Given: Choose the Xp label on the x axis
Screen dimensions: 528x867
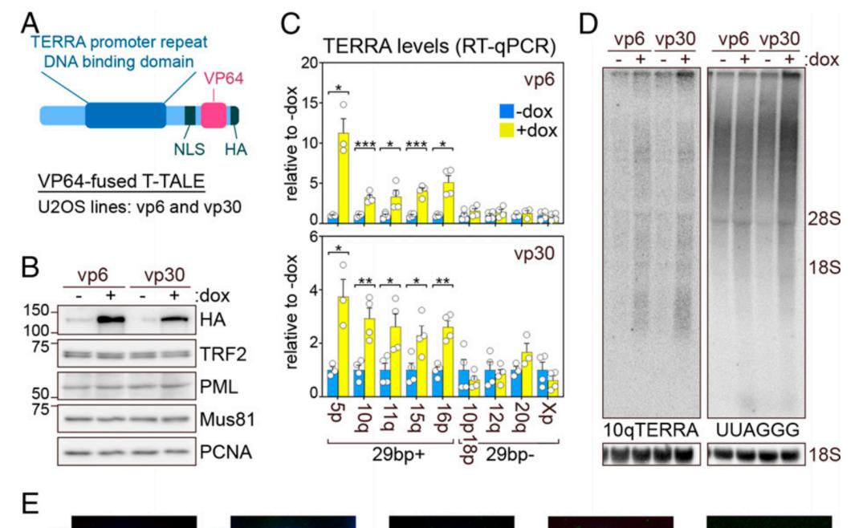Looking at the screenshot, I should [x=547, y=416].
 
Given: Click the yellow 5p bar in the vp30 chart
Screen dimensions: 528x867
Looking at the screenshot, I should [x=343, y=346].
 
